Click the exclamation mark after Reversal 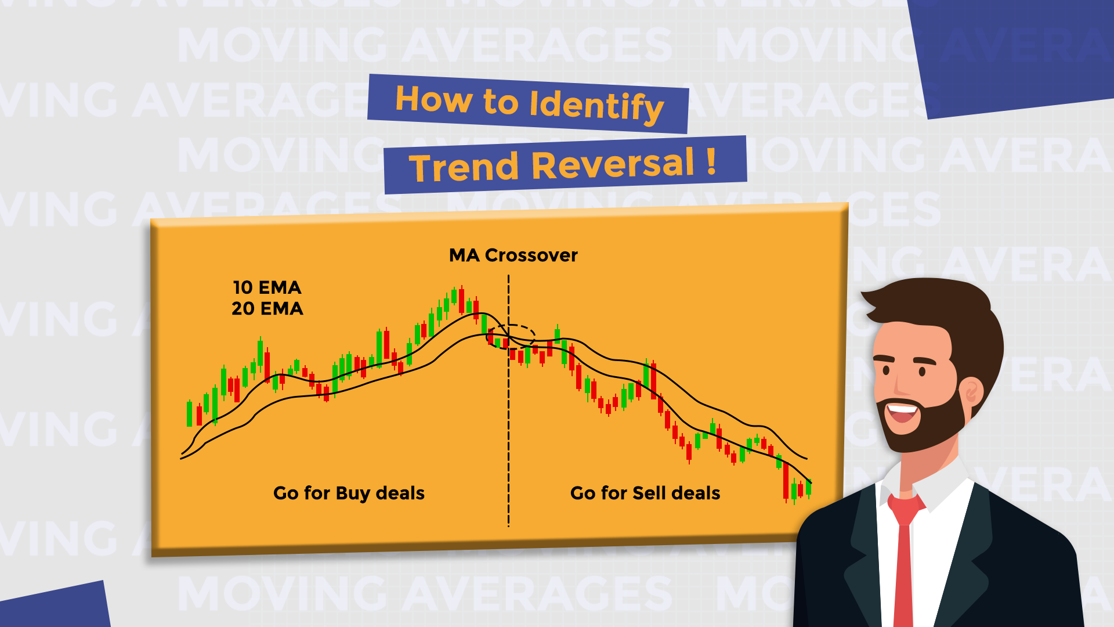[711, 162]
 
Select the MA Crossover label [513, 255]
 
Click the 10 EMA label [267, 287]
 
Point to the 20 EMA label [267, 308]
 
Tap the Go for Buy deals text [349, 493]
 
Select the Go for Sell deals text [645, 493]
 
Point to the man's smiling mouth [902, 414]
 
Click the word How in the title [433, 99]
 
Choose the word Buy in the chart [353, 493]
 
